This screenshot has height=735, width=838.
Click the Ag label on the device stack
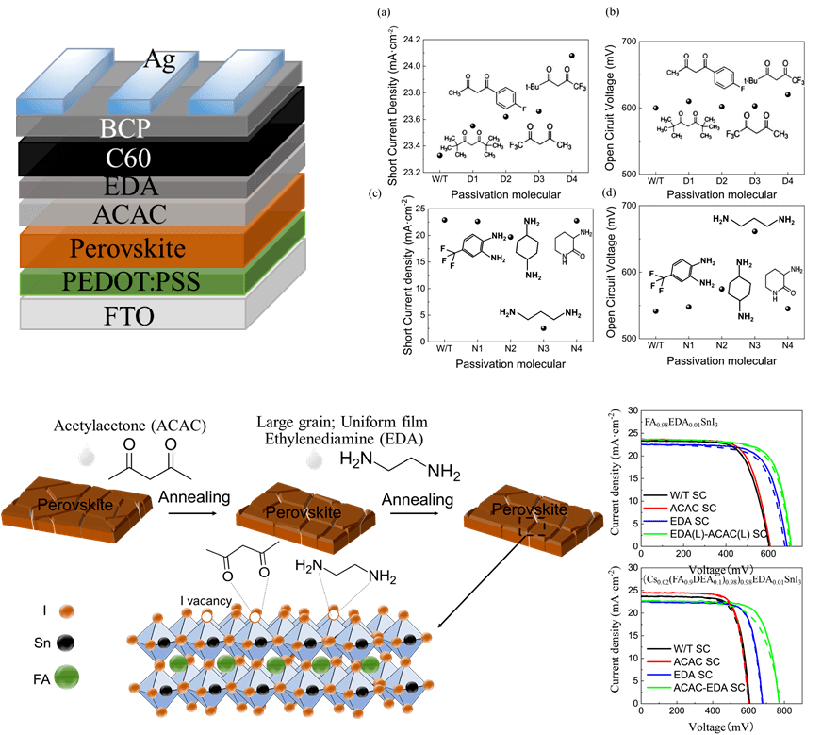(159, 60)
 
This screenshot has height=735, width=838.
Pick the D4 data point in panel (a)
(571, 56)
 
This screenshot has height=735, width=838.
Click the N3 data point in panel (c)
(544, 327)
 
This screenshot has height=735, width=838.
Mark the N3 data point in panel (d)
(754, 231)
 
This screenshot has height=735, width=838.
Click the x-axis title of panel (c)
(510, 363)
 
